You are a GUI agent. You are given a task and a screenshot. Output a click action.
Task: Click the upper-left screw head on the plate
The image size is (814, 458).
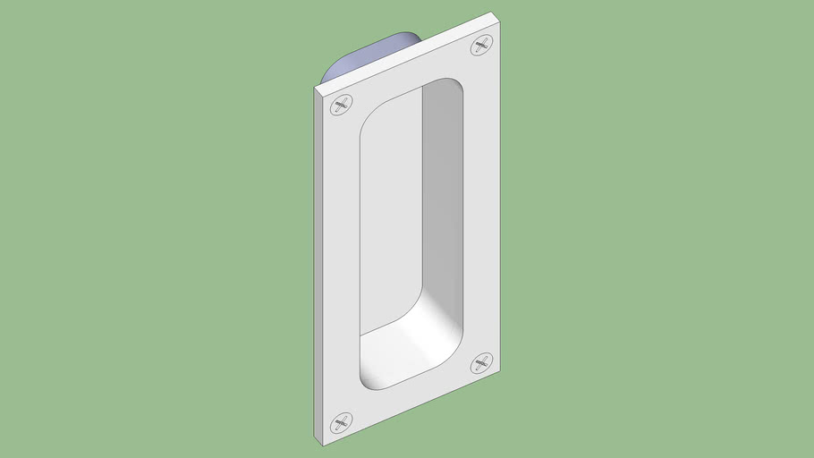[341, 106]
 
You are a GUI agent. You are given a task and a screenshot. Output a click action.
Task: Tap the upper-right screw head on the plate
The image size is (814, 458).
[482, 45]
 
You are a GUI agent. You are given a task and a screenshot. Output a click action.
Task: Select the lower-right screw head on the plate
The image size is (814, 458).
[482, 362]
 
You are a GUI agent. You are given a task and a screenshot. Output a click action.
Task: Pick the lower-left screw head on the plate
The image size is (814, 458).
[341, 423]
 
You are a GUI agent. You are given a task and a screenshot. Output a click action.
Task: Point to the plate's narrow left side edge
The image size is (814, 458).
[318, 268]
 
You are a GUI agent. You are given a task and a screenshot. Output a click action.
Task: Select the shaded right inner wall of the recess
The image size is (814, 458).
[443, 197]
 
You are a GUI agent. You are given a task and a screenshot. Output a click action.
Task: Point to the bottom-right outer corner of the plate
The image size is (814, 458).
[499, 373]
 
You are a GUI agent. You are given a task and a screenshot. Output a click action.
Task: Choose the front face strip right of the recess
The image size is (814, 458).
[482, 206]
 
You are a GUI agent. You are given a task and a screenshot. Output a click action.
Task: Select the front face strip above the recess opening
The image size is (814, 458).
[411, 76]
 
